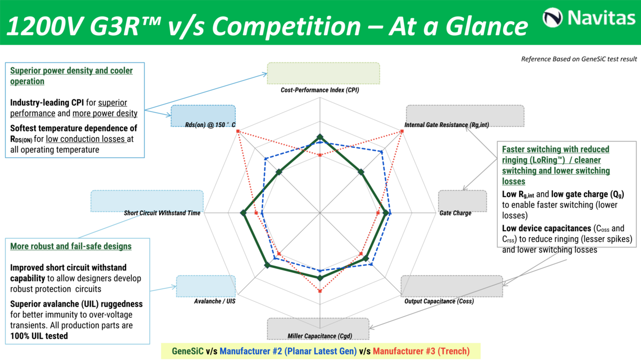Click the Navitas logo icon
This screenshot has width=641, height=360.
pyautogui.click(x=552, y=18)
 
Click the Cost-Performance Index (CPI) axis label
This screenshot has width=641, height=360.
pyautogui.click(x=319, y=90)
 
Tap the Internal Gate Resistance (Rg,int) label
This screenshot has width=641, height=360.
pyautogui.click(x=447, y=125)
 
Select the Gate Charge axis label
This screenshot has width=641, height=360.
pyautogui.click(x=455, y=213)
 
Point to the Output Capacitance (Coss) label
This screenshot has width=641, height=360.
pyautogui.click(x=439, y=301)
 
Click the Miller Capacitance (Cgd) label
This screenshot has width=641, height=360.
pyautogui.click(x=320, y=335)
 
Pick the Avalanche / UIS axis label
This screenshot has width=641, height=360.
pyautogui.click(x=215, y=301)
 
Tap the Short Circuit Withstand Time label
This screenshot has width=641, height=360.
pyautogui.click(x=162, y=213)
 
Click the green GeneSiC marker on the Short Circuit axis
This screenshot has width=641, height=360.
pyautogui.click(x=244, y=214)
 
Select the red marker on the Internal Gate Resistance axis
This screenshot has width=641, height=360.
pyautogui.click(x=401, y=131)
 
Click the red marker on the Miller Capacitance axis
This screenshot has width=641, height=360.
pyautogui.click(x=320, y=291)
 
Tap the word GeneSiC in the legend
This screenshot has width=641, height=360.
pyautogui.click(x=187, y=351)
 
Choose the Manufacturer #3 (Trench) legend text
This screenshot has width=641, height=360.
pyautogui.click(x=421, y=351)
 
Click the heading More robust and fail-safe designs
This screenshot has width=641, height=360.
pyautogui.click(x=71, y=246)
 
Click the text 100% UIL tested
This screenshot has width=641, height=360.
pyautogui.click(x=39, y=336)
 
